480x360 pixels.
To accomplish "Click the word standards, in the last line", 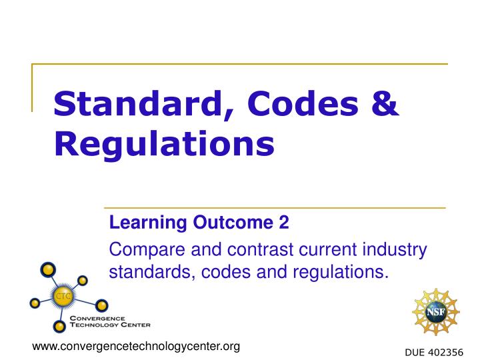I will (147, 272).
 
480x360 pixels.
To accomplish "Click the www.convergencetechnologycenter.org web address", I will (136, 347).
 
